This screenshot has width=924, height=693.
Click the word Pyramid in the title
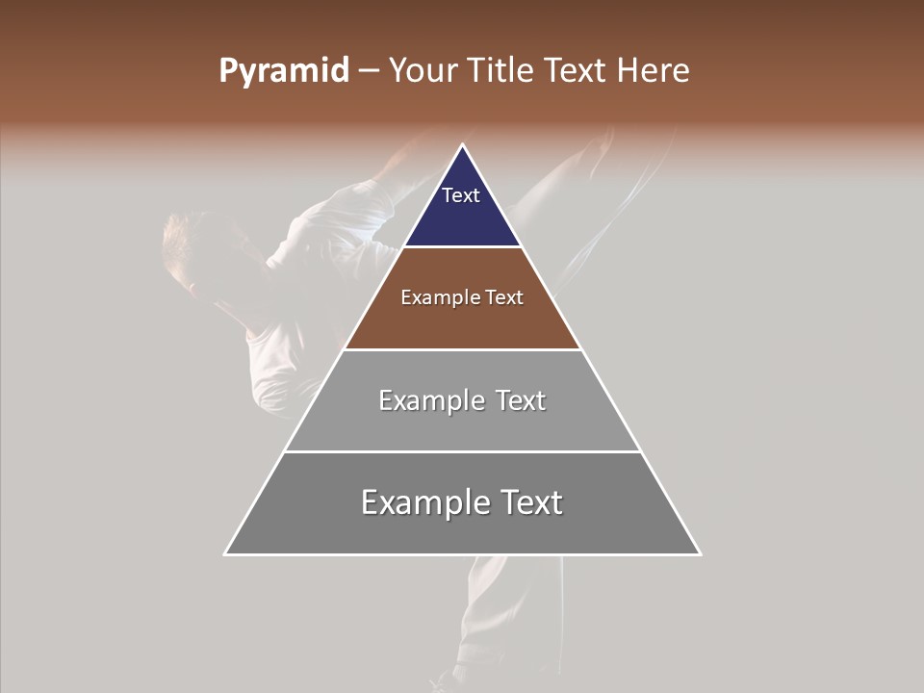pos(284,71)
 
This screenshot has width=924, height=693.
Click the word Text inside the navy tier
pos(461,195)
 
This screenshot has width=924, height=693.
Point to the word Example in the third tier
pos(430,400)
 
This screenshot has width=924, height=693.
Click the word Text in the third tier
pos(521,400)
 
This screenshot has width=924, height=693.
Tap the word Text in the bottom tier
pos(530,502)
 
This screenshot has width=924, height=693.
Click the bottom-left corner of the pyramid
pos(225,554)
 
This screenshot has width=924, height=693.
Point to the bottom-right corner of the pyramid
pos(700,554)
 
